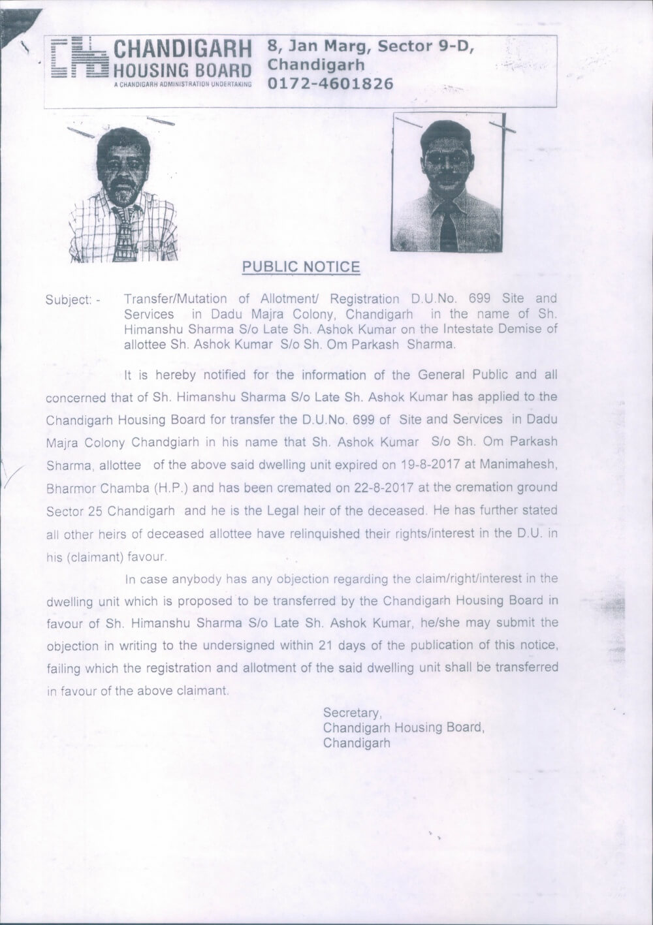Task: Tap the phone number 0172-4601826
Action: click(331, 84)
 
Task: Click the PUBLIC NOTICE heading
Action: click(301, 267)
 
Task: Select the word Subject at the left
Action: click(68, 300)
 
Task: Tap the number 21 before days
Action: click(326, 646)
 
